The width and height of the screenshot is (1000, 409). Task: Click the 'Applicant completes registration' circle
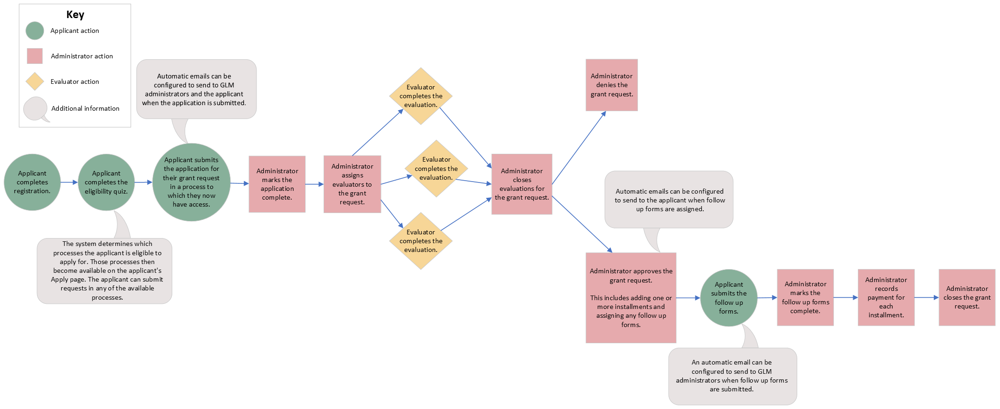tap(32, 182)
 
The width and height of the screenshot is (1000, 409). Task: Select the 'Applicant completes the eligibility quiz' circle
tap(106, 182)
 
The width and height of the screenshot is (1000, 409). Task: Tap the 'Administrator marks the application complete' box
tap(277, 184)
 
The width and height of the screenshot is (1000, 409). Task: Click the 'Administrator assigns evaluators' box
tap(352, 184)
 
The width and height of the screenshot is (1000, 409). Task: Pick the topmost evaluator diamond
tap(420, 96)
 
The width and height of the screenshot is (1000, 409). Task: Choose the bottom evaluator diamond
tap(420, 241)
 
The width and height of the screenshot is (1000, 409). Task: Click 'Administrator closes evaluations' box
tap(521, 184)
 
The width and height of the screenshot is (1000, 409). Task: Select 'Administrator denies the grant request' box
tap(611, 85)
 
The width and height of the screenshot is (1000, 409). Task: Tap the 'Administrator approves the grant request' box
tap(631, 297)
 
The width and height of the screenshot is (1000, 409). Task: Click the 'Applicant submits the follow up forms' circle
tap(728, 297)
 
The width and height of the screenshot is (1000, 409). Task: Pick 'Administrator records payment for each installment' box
tap(886, 297)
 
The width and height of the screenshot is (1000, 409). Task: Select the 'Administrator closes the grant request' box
tap(967, 297)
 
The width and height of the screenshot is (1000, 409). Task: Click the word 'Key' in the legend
tap(75, 14)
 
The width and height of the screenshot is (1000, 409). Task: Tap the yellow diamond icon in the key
tap(35, 82)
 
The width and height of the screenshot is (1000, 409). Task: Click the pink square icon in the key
tap(35, 56)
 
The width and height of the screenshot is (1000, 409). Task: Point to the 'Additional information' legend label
tap(85, 108)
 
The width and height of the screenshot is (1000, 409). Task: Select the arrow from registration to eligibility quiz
tap(69, 182)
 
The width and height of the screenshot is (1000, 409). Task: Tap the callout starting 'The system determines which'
tap(105, 271)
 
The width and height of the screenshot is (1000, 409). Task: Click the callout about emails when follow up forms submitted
tap(732, 376)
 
